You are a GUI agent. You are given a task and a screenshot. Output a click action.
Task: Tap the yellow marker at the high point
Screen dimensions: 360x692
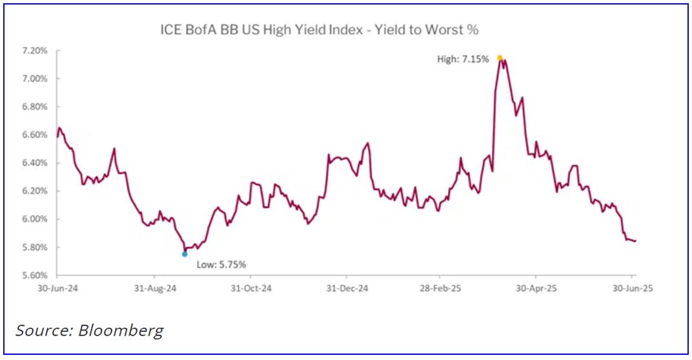point(500,58)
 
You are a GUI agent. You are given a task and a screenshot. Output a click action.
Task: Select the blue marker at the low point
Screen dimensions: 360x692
point(185,254)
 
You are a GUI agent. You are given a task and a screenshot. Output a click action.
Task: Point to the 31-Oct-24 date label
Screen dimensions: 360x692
point(252,289)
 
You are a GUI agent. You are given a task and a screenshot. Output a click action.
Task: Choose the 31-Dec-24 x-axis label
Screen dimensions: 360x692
point(347,289)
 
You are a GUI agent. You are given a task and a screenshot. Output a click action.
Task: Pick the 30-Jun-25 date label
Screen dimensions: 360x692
point(632,289)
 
